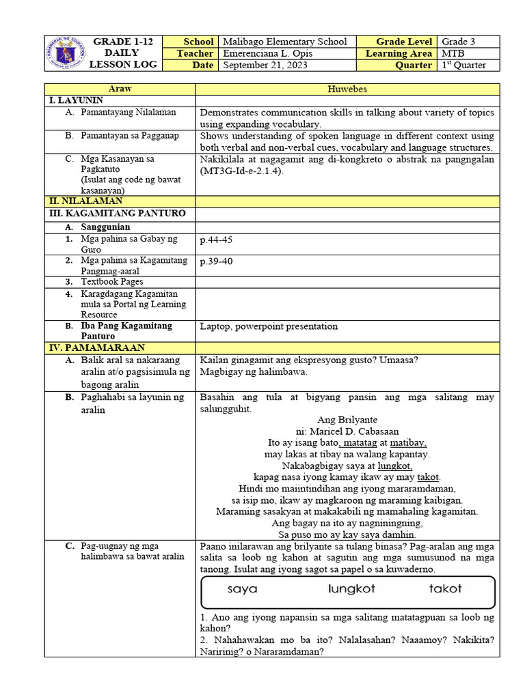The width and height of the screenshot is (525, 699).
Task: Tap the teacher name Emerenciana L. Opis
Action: click(276, 53)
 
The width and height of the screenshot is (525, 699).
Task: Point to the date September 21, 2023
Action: click(264, 66)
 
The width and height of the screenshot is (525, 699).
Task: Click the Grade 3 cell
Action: click(459, 42)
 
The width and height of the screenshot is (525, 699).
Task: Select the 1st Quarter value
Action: click(464, 66)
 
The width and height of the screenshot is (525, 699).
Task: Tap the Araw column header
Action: click(120, 89)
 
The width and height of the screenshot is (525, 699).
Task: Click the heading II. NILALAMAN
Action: click(86, 201)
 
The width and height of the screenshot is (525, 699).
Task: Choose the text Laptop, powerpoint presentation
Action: click(269, 326)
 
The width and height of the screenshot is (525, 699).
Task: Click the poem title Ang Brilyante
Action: click(347, 419)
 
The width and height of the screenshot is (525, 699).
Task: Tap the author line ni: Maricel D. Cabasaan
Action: click(347, 431)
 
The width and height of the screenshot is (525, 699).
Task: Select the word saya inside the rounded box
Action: click(242, 588)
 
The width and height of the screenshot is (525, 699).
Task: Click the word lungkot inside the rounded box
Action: click(351, 588)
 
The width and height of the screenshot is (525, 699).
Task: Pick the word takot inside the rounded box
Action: click(445, 588)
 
